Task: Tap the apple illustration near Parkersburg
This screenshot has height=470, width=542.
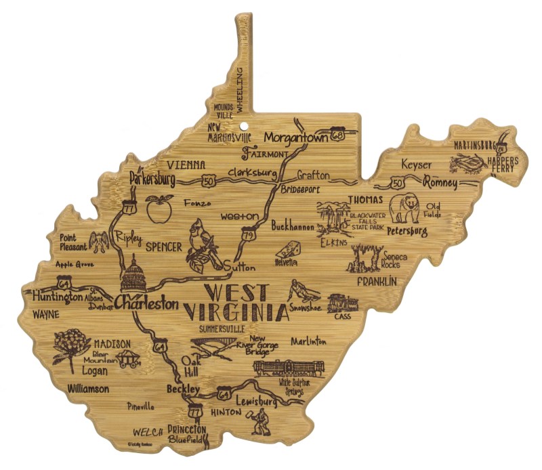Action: click(161, 209)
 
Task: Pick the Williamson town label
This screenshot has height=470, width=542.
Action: click(88, 389)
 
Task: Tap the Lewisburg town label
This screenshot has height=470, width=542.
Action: click(257, 402)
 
